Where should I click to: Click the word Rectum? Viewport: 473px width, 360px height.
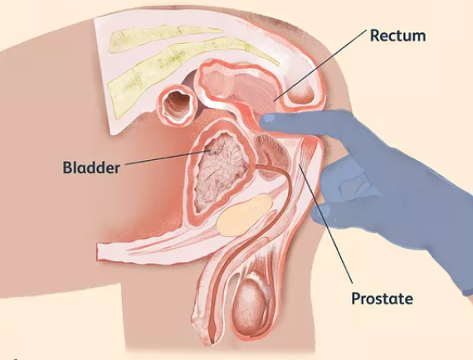click(397, 36)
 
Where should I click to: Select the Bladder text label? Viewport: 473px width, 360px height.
click(91, 168)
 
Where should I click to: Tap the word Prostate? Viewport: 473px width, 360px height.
click(383, 299)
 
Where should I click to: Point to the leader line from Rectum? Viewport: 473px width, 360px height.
click(319, 66)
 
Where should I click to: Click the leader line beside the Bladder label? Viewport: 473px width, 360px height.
click(167, 157)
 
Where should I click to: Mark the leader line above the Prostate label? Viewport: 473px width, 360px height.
click(325, 223)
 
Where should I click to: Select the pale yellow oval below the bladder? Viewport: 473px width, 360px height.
click(244, 215)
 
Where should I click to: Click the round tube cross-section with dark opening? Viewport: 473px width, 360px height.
click(177, 105)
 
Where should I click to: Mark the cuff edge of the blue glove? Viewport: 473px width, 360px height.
click(467, 291)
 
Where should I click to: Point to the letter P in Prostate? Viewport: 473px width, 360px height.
click(357, 298)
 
